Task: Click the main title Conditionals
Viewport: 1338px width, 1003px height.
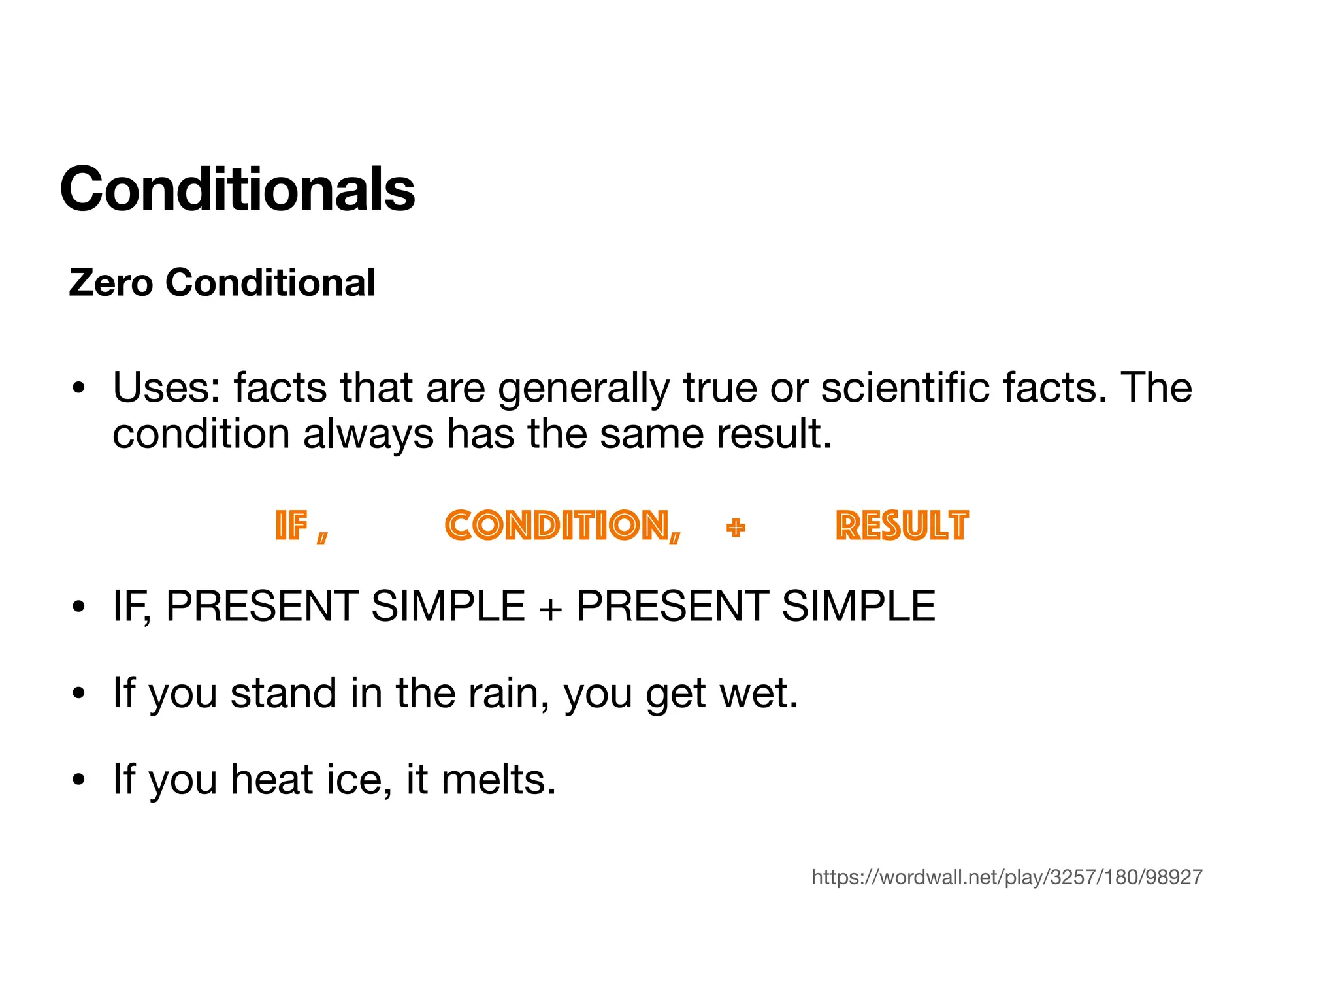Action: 237,189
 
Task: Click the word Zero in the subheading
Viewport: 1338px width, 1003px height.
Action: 110,283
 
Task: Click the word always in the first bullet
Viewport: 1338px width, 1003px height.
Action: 368,435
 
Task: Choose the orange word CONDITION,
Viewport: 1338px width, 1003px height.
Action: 563,526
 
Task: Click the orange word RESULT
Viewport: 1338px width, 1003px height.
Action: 902,526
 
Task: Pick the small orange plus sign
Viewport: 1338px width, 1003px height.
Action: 736,528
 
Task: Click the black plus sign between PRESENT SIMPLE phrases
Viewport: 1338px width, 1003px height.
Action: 550,607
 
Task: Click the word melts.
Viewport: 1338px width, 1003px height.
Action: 498,780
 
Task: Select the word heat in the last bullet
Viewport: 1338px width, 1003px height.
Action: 272,780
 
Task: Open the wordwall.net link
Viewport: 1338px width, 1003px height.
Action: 1007,877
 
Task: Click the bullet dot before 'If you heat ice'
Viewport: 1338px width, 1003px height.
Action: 79,780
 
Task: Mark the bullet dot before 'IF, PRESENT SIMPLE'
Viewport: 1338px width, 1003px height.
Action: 79,607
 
